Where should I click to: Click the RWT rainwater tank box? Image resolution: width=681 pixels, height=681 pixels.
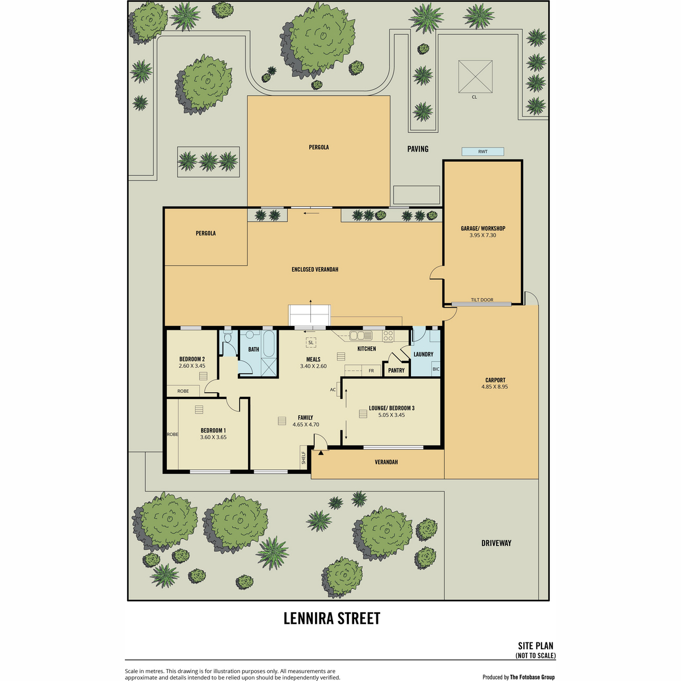point(482,152)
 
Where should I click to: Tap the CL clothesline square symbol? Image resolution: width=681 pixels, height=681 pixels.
point(475,77)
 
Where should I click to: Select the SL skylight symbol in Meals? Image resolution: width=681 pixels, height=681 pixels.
point(310,342)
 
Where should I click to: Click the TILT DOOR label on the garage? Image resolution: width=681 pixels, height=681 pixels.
point(482,300)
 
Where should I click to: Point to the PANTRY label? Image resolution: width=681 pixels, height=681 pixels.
point(396,371)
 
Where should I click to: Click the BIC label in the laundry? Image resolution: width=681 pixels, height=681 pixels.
point(436,369)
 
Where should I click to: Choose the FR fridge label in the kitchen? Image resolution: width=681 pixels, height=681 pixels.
point(371,371)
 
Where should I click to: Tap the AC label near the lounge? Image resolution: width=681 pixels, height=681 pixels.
point(333,389)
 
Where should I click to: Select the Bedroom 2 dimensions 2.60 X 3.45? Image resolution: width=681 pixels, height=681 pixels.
point(192,366)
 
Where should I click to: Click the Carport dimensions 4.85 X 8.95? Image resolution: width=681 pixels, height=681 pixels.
point(494,386)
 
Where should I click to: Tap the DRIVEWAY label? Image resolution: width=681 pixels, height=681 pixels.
point(496,543)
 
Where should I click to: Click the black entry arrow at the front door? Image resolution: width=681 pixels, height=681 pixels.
point(321,452)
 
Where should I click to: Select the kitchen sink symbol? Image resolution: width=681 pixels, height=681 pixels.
point(361,335)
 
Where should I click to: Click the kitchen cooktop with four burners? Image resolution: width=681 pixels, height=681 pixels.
point(388,335)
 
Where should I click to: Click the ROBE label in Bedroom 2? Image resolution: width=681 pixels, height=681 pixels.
point(183,391)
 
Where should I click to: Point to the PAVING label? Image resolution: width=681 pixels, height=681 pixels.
point(418,149)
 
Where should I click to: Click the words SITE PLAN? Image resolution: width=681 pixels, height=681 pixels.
point(535,646)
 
